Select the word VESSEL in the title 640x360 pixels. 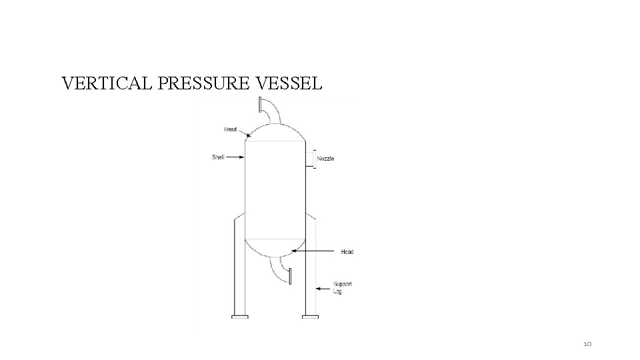coord(290,84)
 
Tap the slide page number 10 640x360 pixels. coord(587,343)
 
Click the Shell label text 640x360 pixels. coord(218,157)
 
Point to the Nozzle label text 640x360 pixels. coord(325,159)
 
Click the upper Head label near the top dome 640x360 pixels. coord(230,129)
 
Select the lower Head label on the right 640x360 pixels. coord(347,251)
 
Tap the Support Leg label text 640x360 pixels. coord(343,288)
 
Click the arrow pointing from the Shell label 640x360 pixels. coord(235,157)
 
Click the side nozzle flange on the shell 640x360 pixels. coord(314,159)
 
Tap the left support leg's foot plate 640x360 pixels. coord(239,317)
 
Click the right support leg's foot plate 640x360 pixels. coord(310,317)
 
